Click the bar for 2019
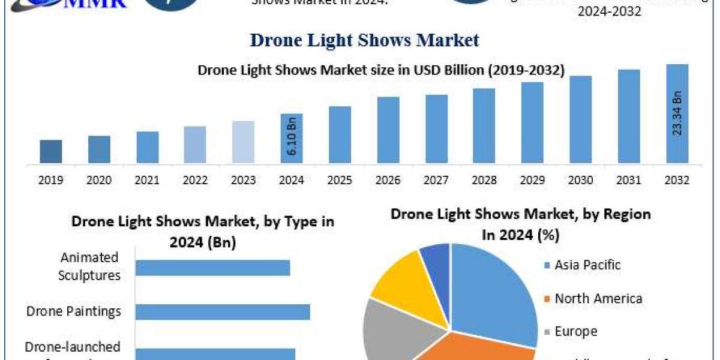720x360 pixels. (51, 151)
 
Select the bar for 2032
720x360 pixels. (677, 113)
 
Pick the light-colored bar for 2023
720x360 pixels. (244, 142)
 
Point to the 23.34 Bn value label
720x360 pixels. (677, 113)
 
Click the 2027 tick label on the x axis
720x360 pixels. (437, 180)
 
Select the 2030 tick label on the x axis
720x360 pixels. (581, 180)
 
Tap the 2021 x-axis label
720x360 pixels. (148, 180)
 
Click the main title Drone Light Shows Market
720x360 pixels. (365, 40)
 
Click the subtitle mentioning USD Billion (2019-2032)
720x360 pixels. (381, 70)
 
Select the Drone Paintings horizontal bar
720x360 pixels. (223, 311)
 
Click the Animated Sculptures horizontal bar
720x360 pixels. (212, 267)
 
